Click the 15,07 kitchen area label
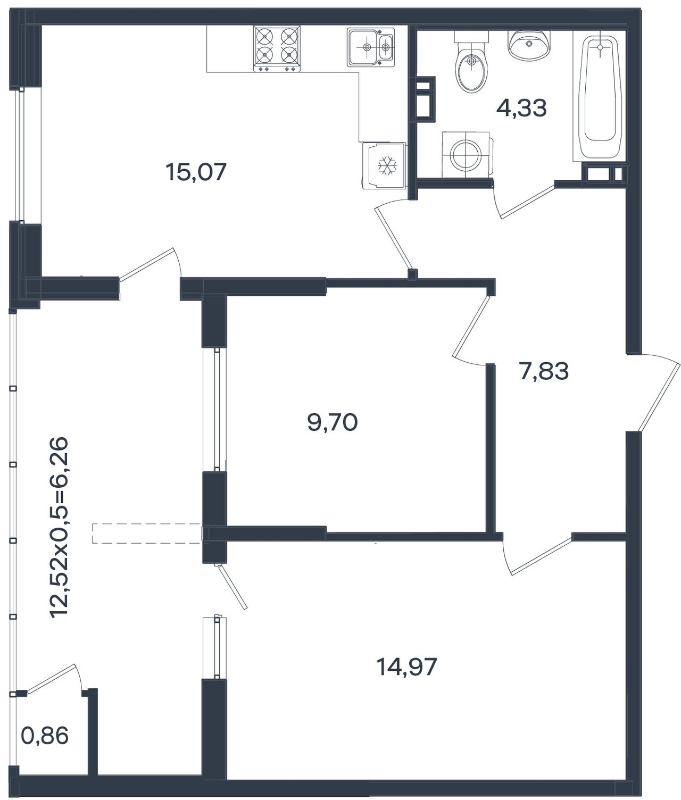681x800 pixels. pyautogui.click(x=195, y=172)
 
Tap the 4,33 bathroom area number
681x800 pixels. pyautogui.click(x=521, y=108)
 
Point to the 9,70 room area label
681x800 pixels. pyautogui.click(x=333, y=422)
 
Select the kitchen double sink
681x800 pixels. pyautogui.click(x=371, y=47)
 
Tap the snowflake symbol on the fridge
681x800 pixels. pyautogui.click(x=386, y=165)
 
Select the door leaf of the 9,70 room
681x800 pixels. pyautogui.click(x=471, y=326)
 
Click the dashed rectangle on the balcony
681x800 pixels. pyautogui.click(x=147, y=534)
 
